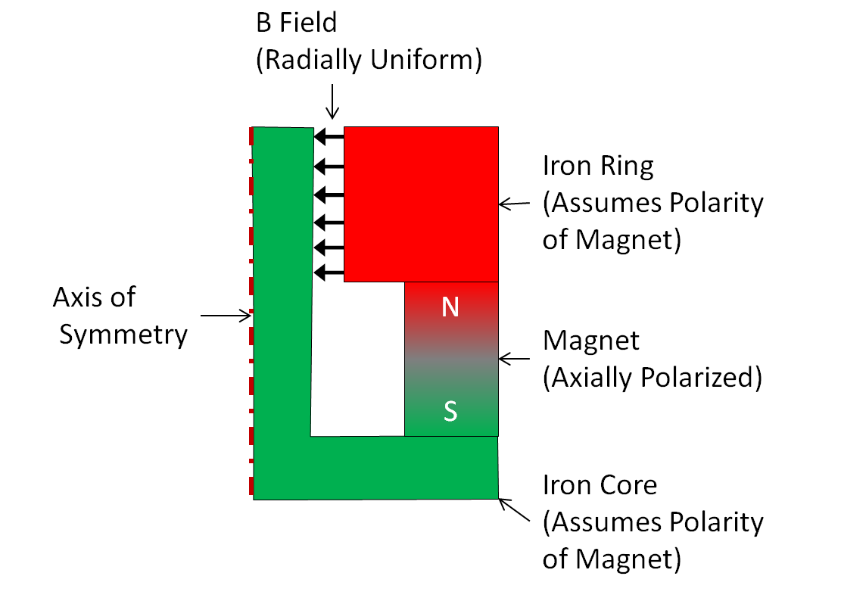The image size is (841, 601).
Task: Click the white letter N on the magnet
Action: (450, 308)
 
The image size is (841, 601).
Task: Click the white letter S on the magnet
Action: (450, 412)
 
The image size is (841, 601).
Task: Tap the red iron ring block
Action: (421, 204)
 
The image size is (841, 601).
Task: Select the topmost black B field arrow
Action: (329, 137)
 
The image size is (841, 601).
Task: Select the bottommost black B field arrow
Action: (329, 272)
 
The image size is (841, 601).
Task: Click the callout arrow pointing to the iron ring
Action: (517, 204)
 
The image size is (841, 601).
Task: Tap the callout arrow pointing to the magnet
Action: (517, 358)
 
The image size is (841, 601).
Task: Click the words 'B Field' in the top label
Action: (297, 23)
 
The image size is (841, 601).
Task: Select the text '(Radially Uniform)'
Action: (369, 61)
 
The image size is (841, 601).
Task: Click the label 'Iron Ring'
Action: (598, 166)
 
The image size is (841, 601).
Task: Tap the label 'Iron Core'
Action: (600, 484)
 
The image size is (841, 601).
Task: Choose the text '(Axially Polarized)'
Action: (652, 377)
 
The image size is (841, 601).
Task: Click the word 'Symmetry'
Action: (123, 335)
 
